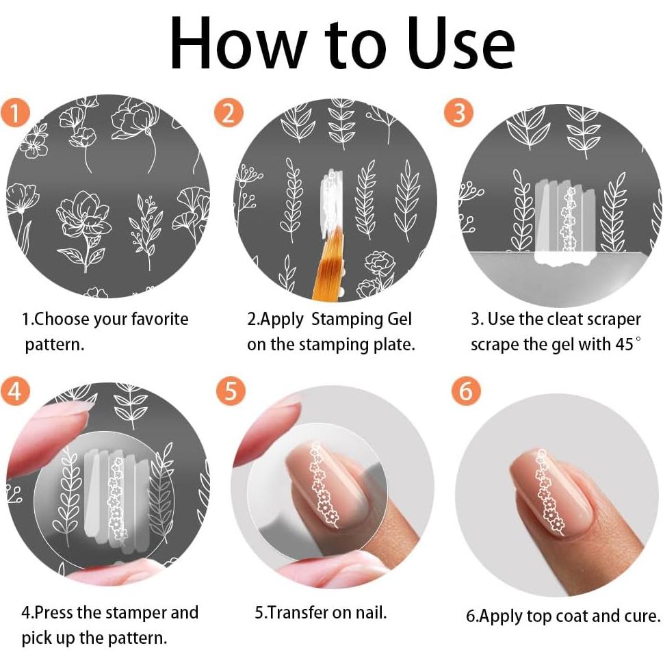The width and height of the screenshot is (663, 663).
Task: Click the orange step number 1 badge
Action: [x=15, y=113]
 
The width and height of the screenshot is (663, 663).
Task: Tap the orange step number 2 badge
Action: [x=229, y=113]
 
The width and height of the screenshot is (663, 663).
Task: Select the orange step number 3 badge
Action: [x=458, y=113]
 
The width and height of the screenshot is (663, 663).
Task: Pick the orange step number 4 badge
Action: [x=15, y=390]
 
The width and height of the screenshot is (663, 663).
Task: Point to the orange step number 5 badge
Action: [x=231, y=390]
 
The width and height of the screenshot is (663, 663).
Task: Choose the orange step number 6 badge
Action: [x=466, y=390]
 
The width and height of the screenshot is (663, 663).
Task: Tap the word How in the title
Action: [x=239, y=44]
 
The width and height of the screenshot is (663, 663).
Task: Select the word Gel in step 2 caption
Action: [x=399, y=320]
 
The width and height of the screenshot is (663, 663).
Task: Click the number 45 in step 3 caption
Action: [x=625, y=344]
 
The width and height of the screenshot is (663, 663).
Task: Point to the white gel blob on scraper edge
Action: [x=565, y=259]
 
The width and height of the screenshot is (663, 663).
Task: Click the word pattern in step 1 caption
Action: [x=55, y=345]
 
